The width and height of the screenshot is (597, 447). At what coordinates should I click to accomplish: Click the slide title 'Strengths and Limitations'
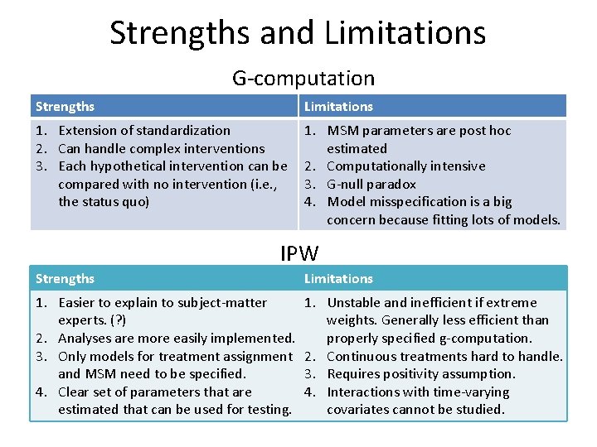coord(298,33)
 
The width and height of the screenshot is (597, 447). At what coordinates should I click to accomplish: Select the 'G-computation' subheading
coord(303,79)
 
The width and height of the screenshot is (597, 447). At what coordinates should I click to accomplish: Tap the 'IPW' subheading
coord(299,252)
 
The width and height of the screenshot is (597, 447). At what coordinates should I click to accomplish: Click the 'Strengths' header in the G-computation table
coord(65,106)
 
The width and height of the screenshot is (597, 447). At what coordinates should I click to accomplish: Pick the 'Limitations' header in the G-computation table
coord(338,106)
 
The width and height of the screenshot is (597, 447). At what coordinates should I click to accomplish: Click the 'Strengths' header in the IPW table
coord(65,279)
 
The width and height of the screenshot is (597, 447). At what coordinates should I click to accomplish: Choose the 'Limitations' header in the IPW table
coord(338,279)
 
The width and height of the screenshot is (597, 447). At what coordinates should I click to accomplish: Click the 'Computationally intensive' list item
coord(406,166)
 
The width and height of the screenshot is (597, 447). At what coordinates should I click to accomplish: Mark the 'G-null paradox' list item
coord(371,184)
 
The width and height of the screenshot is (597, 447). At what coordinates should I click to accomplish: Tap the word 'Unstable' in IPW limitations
coord(354,302)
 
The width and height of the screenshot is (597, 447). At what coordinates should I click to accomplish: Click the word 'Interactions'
coord(363,392)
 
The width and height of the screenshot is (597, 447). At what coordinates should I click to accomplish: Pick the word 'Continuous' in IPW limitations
coord(362,356)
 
